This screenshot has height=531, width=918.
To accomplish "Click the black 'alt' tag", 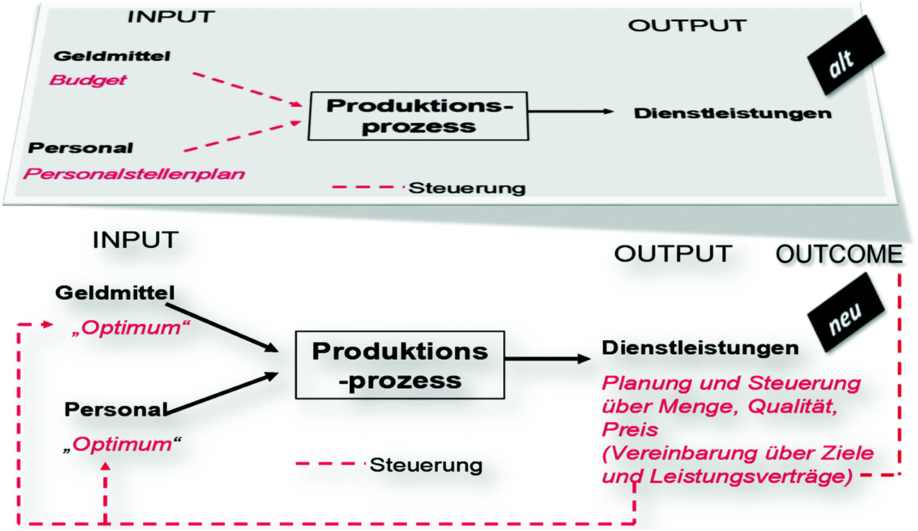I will (x=844, y=61).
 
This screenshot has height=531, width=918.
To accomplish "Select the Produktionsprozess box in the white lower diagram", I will (x=400, y=366).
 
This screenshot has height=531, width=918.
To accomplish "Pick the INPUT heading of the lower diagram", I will (x=135, y=240).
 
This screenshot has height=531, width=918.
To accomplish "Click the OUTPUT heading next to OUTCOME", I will (x=672, y=253).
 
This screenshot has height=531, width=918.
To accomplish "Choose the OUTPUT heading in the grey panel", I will (x=687, y=25).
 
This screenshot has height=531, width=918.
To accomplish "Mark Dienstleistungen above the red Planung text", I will (x=700, y=348).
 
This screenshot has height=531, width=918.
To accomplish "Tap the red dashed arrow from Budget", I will (x=244, y=89).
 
